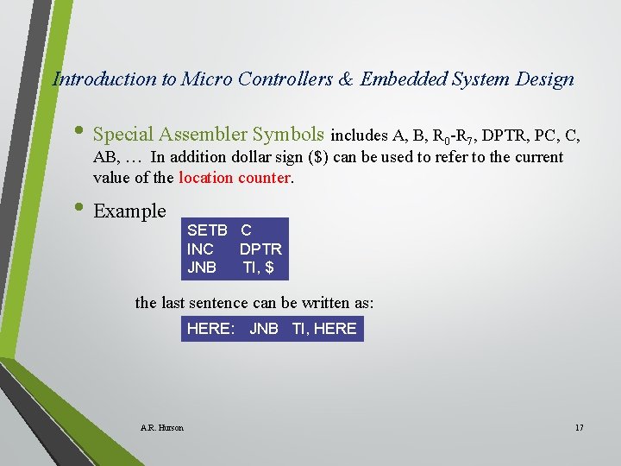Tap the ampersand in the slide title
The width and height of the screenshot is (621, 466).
click(x=345, y=79)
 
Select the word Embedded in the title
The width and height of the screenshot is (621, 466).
click(x=401, y=79)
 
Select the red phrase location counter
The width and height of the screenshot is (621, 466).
click(x=235, y=179)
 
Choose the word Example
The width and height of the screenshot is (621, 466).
click(x=129, y=211)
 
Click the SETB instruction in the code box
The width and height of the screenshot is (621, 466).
click(x=207, y=230)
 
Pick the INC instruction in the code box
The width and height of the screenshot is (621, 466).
click(x=200, y=249)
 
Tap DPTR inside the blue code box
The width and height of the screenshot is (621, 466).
click(x=260, y=249)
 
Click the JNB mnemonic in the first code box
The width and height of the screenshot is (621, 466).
click(x=202, y=268)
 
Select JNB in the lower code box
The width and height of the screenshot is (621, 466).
click(x=264, y=329)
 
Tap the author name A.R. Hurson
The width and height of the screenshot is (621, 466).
click(x=161, y=427)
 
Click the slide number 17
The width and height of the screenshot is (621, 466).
click(x=578, y=427)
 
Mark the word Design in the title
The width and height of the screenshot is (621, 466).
click(x=546, y=79)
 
